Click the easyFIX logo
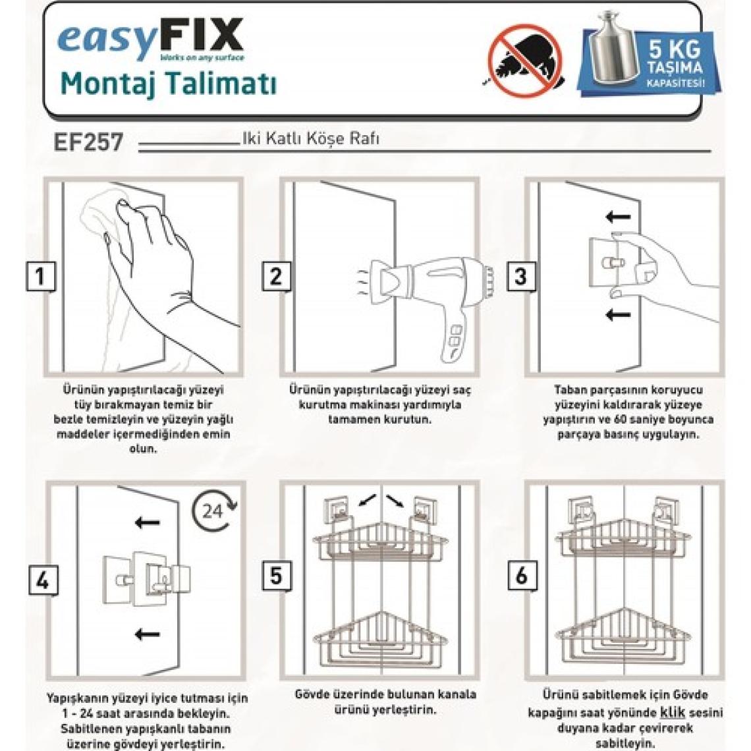(x=150, y=40)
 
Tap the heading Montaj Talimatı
(x=169, y=84)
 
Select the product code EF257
(x=89, y=142)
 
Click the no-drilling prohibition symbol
(x=526, y=61)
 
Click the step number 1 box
(x=40, y=277)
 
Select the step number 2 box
(x=276, y=277)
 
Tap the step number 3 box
(x=520, y=277)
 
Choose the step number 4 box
(x=43, y=580)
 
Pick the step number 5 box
(x=277, y=575)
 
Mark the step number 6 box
(x=522, y=575)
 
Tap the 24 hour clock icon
(x=214, y=511)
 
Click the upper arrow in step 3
(x=618, y=217)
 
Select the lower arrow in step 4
(x=147, y=634)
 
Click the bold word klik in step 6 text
(x=672, y=712)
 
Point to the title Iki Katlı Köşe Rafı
(x=311, y=139)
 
